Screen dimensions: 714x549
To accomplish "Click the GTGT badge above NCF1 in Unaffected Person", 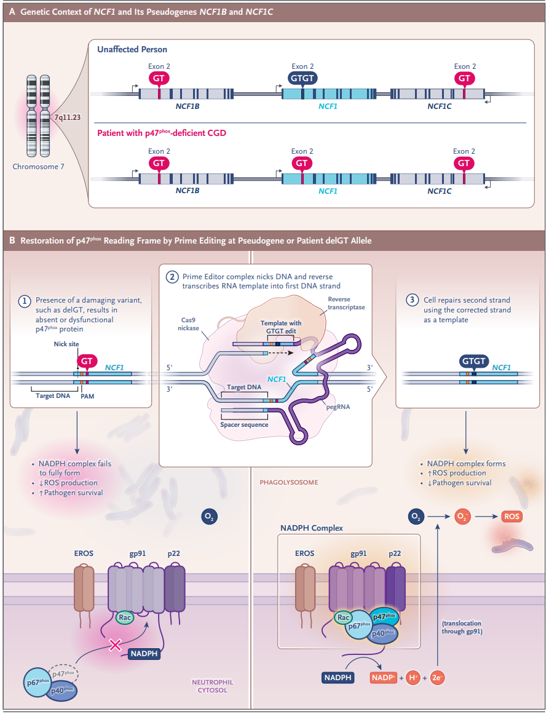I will click(x=302, y=79).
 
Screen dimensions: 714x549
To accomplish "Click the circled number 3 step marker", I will click(x=413, y=300).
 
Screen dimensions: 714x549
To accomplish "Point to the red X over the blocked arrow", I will click(x=114, y=645).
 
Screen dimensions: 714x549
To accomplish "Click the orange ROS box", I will click(x=511, y=517).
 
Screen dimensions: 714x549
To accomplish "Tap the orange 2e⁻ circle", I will click(x=438, y=678).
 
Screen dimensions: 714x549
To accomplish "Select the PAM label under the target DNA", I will click(x=87, y=397).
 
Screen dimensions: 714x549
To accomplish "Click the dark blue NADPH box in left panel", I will click(x=144, y=654).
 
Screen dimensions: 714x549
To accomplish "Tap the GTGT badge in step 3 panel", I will click(x=473, y=361).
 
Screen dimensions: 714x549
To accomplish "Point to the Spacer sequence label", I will click(x=244, y=424).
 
